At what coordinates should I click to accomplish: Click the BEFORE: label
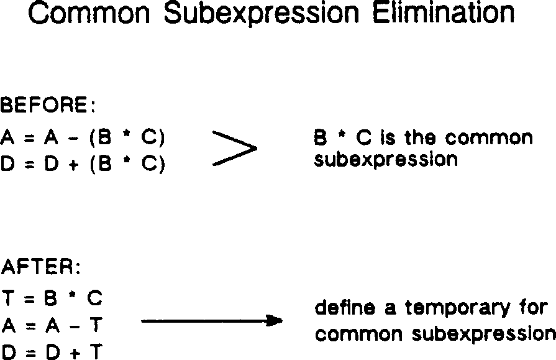click(x=47, y=106)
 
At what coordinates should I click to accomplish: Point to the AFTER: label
click(x=41, y=268)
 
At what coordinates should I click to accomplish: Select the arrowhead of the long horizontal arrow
click(x=274, y=321)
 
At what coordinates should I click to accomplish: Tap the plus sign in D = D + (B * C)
click(x=70, y=166)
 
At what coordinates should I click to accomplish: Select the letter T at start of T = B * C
click(x=9, y=298)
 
